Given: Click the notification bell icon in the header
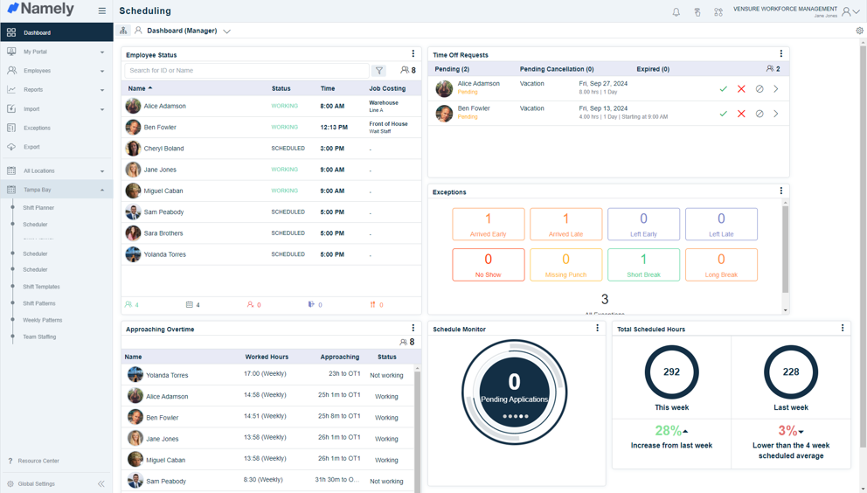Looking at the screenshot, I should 676,12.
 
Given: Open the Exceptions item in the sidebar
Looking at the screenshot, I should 37,128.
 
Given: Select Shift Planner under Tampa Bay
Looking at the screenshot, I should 38,208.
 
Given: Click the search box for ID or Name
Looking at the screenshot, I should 246,71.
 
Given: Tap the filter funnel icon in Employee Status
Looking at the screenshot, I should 379,71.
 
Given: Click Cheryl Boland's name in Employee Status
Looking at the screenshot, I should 164,149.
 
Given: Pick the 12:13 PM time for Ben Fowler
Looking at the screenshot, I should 333,128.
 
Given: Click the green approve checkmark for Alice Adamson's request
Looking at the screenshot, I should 723,89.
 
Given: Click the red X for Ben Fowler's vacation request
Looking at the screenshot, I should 741,114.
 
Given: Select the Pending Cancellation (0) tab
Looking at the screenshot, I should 556,69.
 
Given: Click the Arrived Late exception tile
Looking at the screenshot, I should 565,224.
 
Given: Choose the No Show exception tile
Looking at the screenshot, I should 488,264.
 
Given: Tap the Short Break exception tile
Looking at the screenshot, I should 643,264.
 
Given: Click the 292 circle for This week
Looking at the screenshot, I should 671,371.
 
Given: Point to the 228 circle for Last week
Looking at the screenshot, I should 790,371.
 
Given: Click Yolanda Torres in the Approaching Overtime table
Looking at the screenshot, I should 167,375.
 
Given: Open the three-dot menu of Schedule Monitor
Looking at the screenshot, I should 598,329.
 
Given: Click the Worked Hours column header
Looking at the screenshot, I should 267,357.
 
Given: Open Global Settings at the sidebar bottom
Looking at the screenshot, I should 37,483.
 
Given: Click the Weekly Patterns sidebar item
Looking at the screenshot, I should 42,320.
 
